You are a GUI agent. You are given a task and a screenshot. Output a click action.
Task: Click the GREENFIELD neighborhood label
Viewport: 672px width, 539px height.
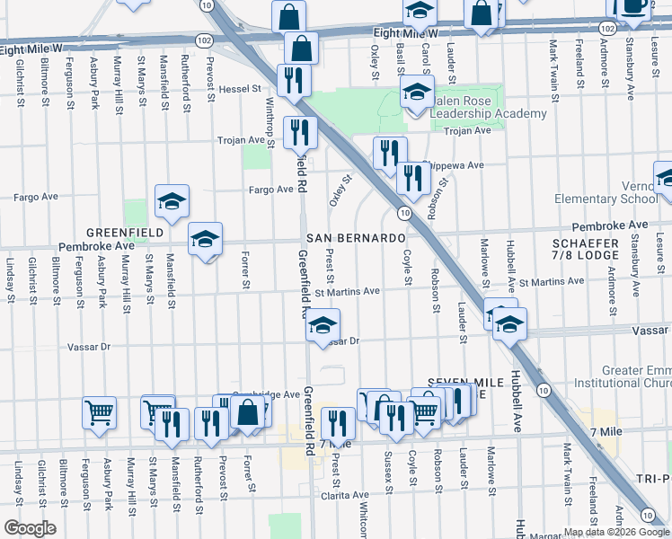click(125, 232)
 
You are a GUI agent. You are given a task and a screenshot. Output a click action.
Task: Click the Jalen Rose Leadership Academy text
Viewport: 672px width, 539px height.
click(492, 108)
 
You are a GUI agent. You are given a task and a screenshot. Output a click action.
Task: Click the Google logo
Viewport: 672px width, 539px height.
click(30, 528)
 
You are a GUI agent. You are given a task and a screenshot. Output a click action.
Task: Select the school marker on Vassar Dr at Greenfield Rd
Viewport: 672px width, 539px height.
click(323, 325)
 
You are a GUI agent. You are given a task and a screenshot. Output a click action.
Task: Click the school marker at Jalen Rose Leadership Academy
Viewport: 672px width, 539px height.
click(416, 93)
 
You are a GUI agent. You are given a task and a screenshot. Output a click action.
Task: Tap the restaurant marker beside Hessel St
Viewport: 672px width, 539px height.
click(294, 79)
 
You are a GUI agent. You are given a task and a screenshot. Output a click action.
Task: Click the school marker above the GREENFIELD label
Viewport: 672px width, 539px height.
click(172, 201)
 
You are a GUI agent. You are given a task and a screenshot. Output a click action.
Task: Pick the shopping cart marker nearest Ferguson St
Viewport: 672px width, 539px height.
click(99, 412)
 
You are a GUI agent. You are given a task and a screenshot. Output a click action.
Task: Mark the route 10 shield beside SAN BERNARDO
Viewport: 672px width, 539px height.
click(404, 213)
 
